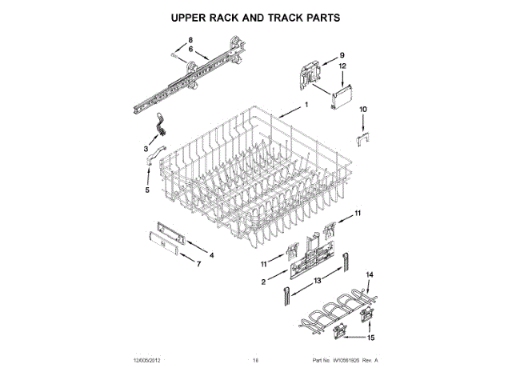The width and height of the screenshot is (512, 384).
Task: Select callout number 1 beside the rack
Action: [306, 106]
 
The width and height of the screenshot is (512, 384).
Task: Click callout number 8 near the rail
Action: [191, 40]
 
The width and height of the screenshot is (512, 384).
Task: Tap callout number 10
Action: [362, 109]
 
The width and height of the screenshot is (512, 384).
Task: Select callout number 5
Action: [146, 190]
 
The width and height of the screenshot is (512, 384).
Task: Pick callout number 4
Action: [211, 255]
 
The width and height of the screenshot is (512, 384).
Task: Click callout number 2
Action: [263, 282]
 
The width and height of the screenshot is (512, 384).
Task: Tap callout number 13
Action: [317, 280]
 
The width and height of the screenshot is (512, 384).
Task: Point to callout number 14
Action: [370, 275]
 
